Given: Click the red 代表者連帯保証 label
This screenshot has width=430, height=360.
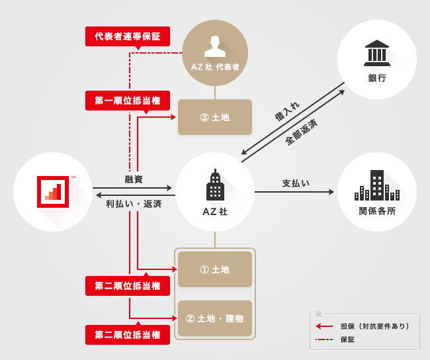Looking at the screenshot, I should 128,36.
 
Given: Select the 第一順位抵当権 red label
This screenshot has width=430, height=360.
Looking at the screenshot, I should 128,101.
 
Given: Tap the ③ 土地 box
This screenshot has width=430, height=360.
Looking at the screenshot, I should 215,117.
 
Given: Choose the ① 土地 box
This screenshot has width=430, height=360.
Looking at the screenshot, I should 215,269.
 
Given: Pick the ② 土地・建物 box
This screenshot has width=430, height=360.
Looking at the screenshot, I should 215,318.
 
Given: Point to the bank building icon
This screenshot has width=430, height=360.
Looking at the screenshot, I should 377,53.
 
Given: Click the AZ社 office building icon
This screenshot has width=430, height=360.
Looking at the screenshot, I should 215,185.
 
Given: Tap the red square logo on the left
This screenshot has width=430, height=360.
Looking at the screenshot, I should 53,192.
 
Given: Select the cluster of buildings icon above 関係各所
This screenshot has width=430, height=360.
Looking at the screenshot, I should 377,186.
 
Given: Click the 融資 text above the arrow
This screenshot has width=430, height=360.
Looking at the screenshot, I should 134,179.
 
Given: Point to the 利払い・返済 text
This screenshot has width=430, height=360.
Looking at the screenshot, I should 134,204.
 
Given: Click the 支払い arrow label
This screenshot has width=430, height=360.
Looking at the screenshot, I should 296,183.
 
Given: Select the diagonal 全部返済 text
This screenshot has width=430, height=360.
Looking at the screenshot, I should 301,132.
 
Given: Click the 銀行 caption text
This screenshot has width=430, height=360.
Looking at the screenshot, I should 377,78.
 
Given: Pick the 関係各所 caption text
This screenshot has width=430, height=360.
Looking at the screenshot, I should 377,211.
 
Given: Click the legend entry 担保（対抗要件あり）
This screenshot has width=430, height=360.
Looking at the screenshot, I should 374,326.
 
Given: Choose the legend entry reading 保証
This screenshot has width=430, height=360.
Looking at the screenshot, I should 348,339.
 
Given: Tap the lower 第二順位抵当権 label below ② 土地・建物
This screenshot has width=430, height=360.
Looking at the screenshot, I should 128,335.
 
